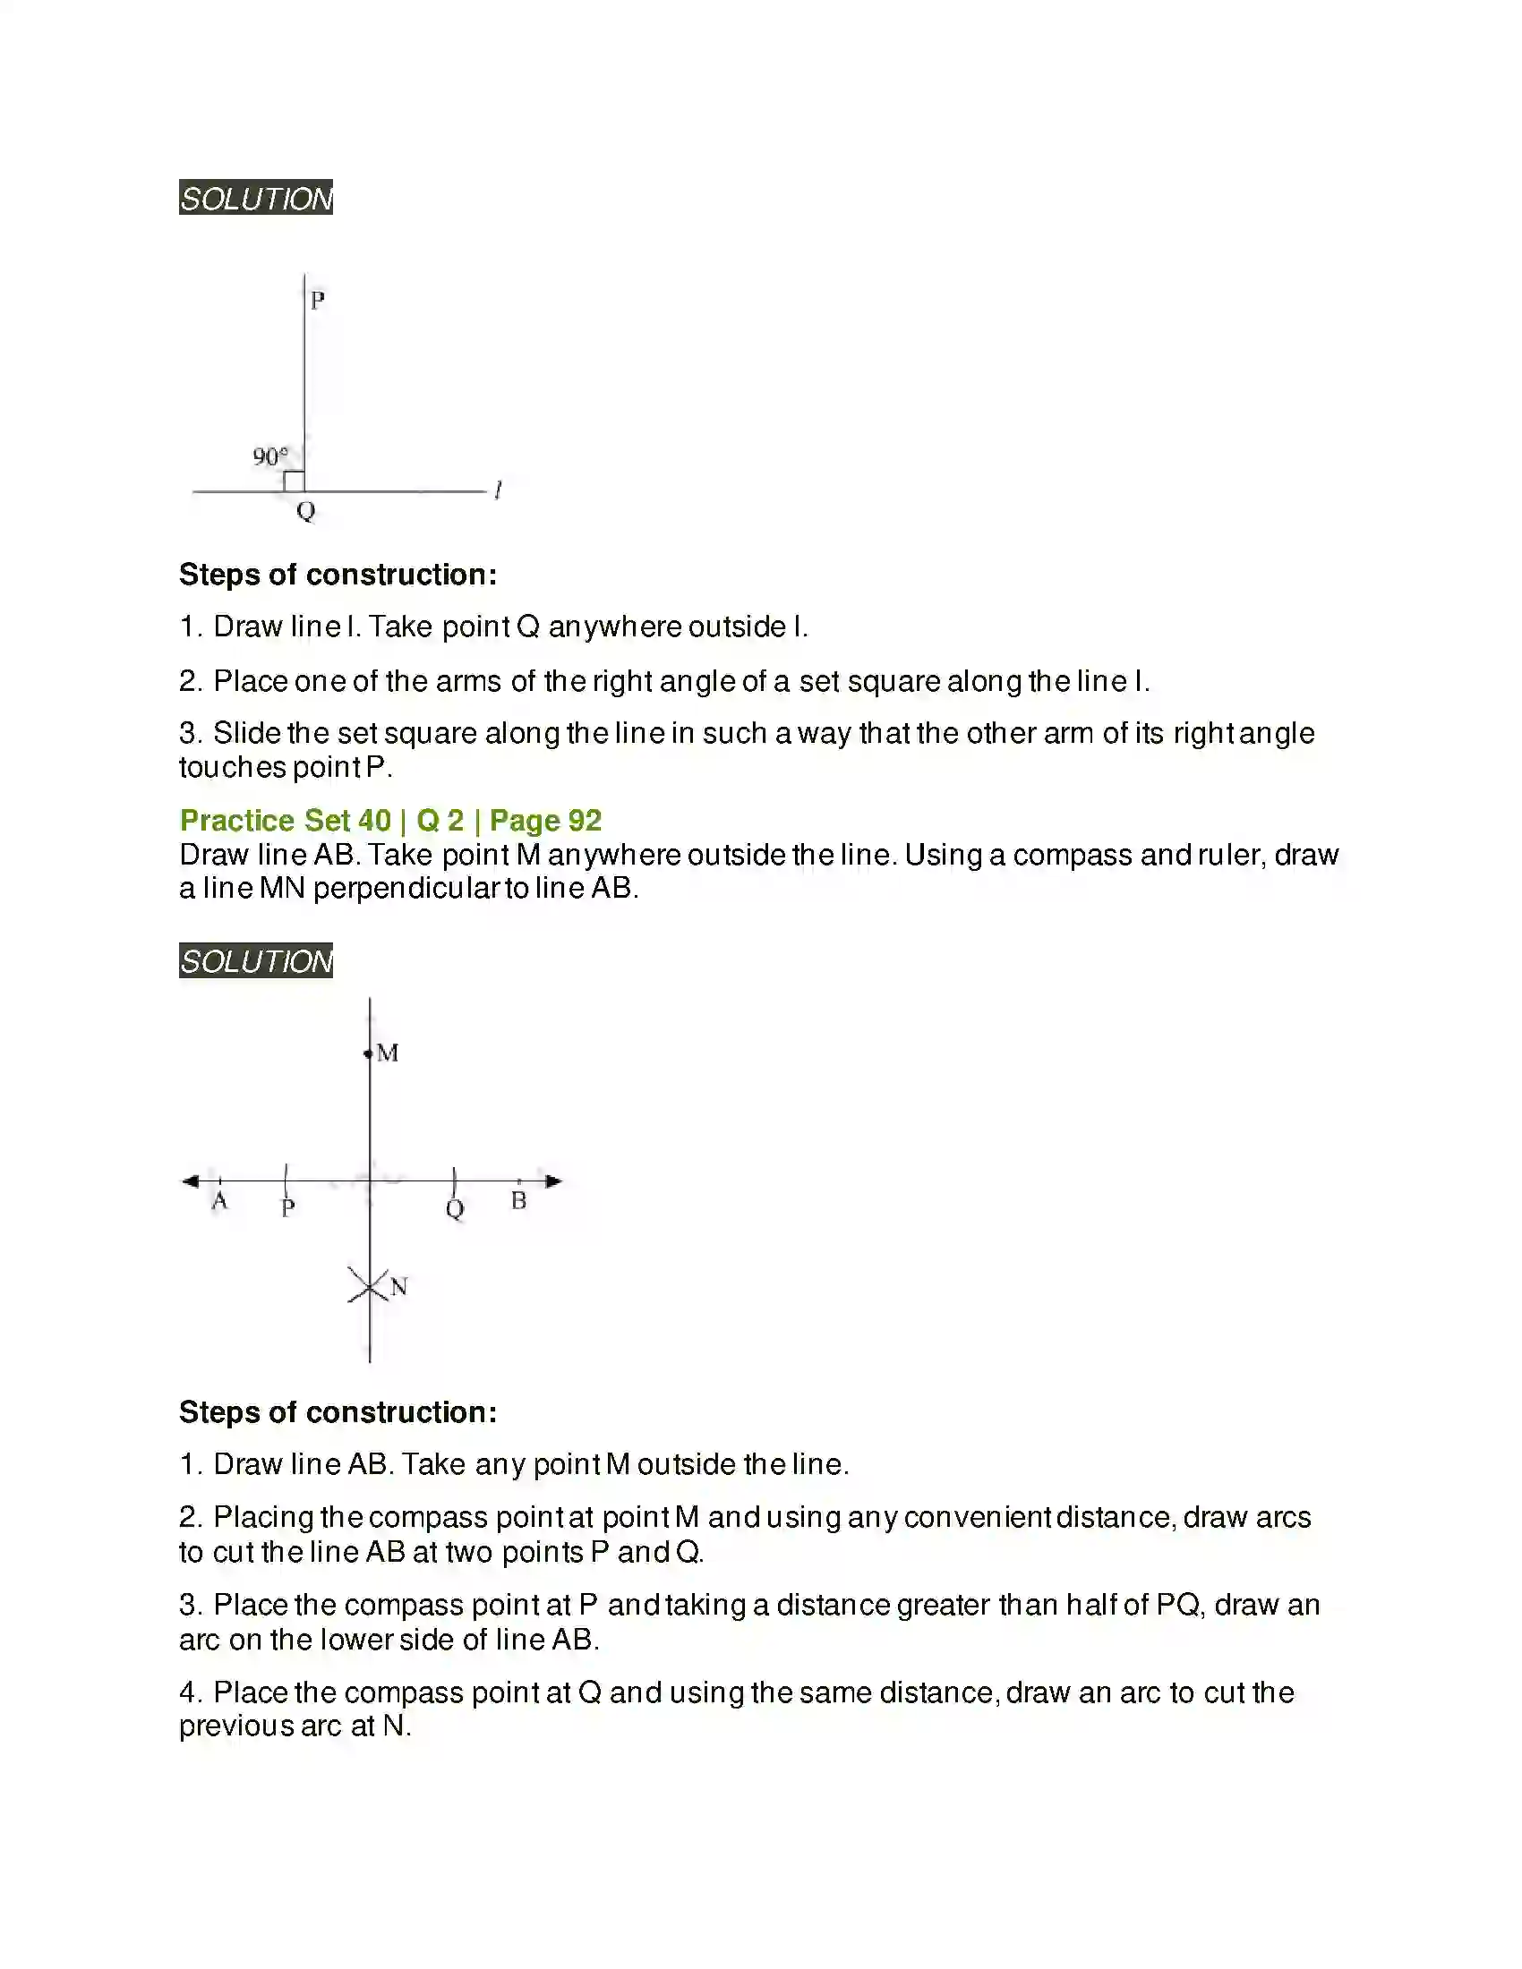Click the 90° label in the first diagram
(269, 456)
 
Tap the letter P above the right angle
(318, 300)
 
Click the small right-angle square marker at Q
(294, 482)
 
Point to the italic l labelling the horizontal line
(498, 490)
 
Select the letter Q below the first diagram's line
(305, 511)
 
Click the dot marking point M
(368, 1053)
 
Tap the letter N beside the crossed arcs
(399, 1286)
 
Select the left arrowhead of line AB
(190, 1181)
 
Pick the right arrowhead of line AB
(553, 1181)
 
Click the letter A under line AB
(219, 1202)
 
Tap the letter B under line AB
(518, 1201)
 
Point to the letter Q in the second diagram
(455, 1208)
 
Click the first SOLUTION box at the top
(256, 198)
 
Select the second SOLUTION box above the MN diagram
(256, 960)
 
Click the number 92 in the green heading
(585, 821)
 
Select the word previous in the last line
(236, 1726)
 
